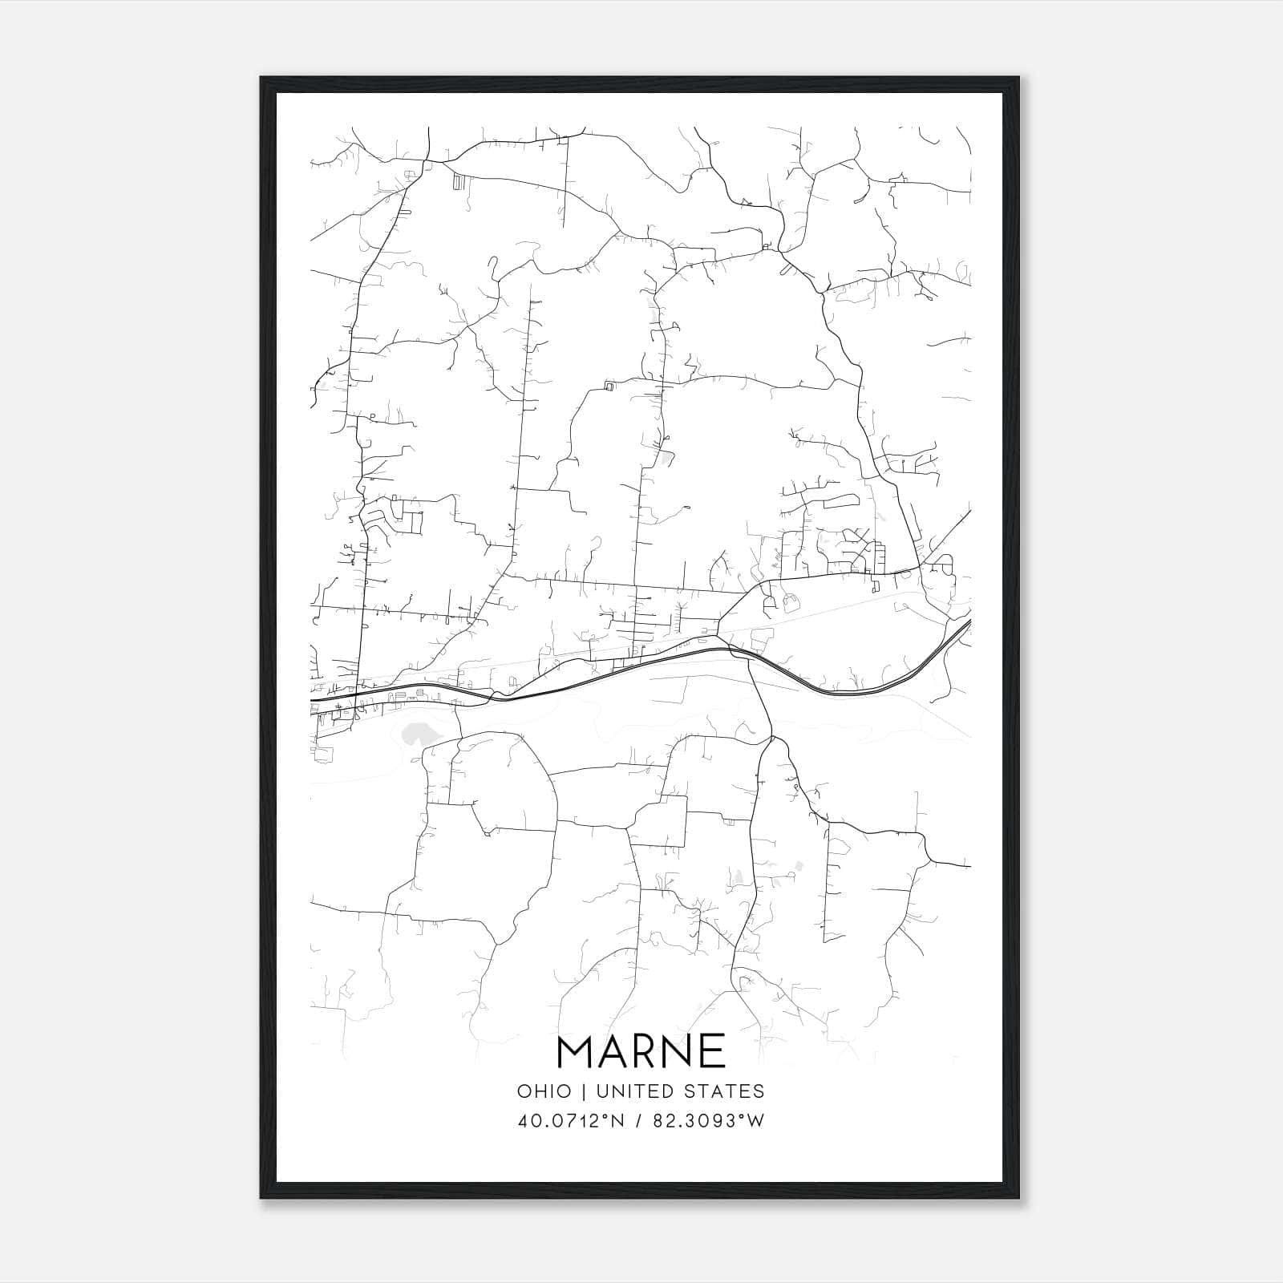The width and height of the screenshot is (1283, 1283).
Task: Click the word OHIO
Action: click(544, 1091)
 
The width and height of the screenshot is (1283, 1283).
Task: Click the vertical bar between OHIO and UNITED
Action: click(585, 1091)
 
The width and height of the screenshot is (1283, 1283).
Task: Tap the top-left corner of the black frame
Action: click(262, 79)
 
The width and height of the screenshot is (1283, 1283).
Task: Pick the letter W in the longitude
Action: click(757, 1121)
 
